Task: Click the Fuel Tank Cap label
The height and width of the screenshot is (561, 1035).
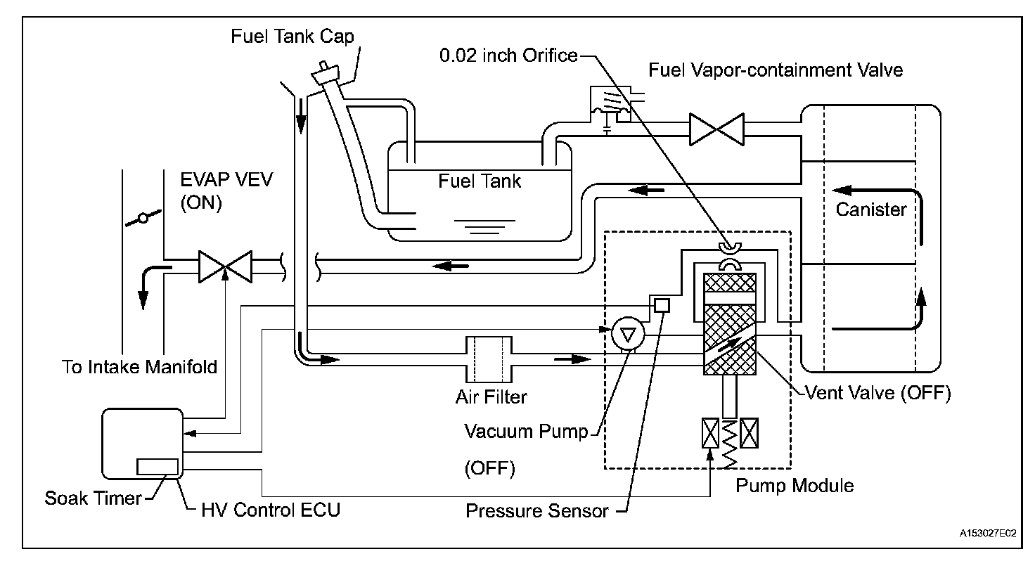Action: click(x=292, y=37)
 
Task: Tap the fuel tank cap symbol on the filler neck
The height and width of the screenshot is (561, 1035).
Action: click(x=326, y=73)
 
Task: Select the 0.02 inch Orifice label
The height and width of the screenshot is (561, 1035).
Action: click(x=508, y=56)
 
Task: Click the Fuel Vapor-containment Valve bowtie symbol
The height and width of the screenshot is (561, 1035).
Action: click(x=716, y=129)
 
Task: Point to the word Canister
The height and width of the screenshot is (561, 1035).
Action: click(x=871, y=209)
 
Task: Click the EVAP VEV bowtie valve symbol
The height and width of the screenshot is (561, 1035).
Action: click(x=226, y=266)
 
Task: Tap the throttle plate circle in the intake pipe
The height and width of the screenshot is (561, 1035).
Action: click(x=143, y=218)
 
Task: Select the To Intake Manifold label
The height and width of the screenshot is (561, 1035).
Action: click(x=139, y=367)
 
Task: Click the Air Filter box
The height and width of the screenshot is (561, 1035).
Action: click(x=489, y=359)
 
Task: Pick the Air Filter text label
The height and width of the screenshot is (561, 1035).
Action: click(x=491, y=397)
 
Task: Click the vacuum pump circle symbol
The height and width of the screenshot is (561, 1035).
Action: click(x=628, y=334)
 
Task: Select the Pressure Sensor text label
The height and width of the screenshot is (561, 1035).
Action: click(x=537, y=511)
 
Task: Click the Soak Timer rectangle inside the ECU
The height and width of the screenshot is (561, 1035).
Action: click(x=157, y=467)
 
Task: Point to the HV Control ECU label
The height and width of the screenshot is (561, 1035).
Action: click(x=271, y=510)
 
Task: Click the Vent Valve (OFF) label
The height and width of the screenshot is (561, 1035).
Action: click(x=878, y=393)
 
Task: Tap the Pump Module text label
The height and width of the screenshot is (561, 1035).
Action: click(x=795, y=486)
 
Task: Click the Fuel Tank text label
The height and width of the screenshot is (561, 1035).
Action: click(x=480, y=181)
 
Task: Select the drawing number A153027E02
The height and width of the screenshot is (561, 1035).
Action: click(x=988, y=534)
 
